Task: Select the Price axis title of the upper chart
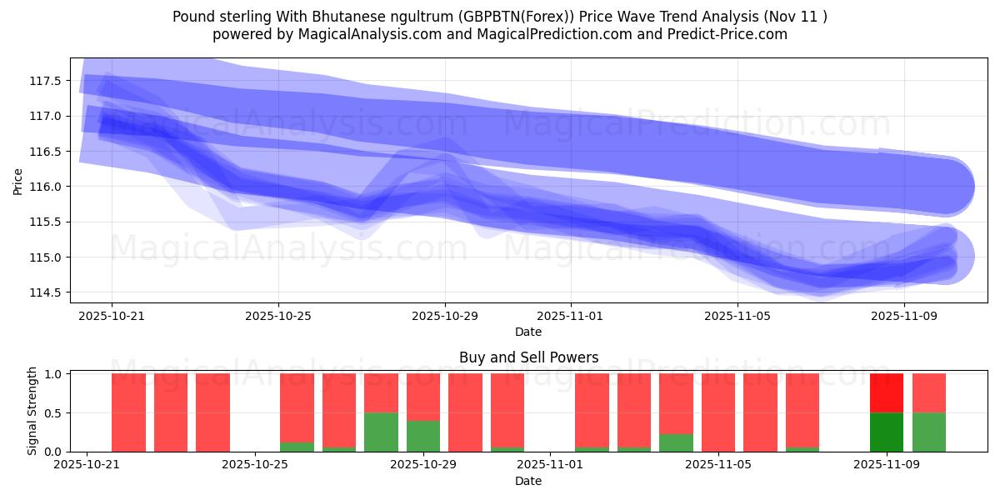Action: pos(18,180)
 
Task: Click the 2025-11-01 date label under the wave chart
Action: pos(570,317)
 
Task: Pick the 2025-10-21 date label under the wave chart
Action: pos(112,317)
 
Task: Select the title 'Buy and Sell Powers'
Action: pos(528,357)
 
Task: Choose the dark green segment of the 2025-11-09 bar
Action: pos(887,432)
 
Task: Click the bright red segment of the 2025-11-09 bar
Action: pos(887,393)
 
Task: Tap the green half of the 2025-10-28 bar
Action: pos(381,432)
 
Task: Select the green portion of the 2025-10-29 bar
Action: pos(423,436)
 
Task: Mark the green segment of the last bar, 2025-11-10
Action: pos(929,432)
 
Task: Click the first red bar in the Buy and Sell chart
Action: pos(128,412)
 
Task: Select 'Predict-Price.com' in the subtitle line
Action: pos(731,34)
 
